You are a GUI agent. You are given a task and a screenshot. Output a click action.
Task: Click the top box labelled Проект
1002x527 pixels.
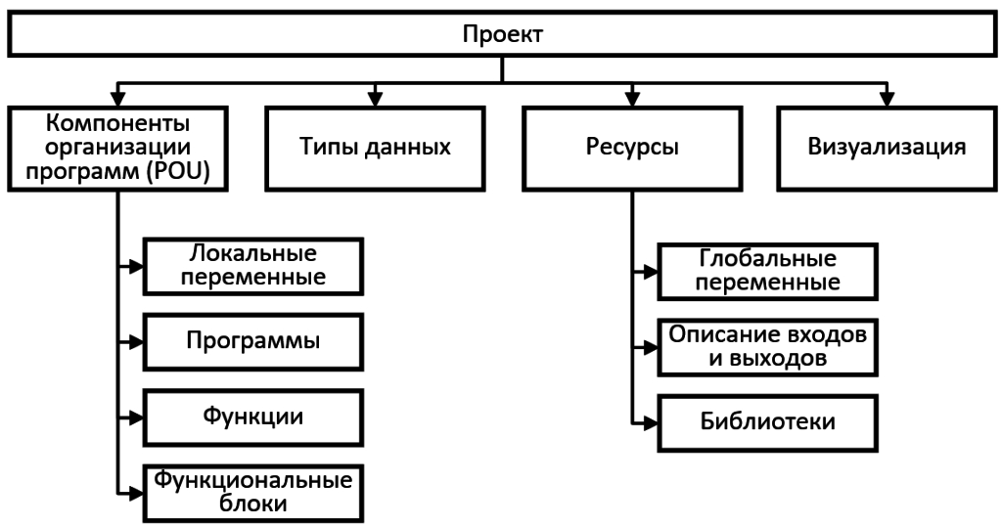click(x=502, y=34)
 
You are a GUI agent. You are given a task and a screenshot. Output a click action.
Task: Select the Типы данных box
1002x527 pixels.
click(x=375, y=149)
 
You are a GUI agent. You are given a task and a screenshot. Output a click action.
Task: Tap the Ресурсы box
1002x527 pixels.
click(x=632, y=149)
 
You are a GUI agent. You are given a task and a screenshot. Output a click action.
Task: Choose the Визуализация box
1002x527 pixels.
click(x=887, y=149)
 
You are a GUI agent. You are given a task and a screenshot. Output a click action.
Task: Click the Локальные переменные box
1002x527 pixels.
click(x=253, y=266)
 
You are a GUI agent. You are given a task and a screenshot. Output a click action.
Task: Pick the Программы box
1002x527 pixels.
click(x=253, y=342)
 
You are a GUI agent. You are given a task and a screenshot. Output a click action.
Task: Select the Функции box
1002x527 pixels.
click(x=253, y=417)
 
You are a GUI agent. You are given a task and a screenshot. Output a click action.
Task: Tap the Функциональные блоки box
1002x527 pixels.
click(x=253, y=493)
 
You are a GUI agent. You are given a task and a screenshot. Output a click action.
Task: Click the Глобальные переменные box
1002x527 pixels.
click(x=767, y=272)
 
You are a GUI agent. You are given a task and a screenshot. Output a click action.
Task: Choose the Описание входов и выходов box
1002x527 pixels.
click(x=767, y=347)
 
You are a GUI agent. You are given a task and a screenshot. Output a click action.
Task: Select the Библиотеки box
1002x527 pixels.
click(x=767, y=423)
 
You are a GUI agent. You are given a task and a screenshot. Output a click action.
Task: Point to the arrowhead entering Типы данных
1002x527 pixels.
click(x=375, y=99)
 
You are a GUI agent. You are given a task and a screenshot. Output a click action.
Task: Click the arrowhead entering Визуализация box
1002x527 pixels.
click(x=887, y=99)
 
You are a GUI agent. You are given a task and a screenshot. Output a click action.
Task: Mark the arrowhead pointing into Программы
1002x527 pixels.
click(x=136, y=342)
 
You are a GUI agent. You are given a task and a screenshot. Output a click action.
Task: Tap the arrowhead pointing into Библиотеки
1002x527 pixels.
click(x=651, y=423)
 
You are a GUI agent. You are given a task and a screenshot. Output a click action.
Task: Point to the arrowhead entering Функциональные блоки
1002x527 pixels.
click(x=136, y=493)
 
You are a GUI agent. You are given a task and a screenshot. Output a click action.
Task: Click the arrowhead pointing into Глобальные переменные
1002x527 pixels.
click(x=651, y=272)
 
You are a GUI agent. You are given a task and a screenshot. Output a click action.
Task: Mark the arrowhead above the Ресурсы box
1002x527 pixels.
click(x=632, y=99)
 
